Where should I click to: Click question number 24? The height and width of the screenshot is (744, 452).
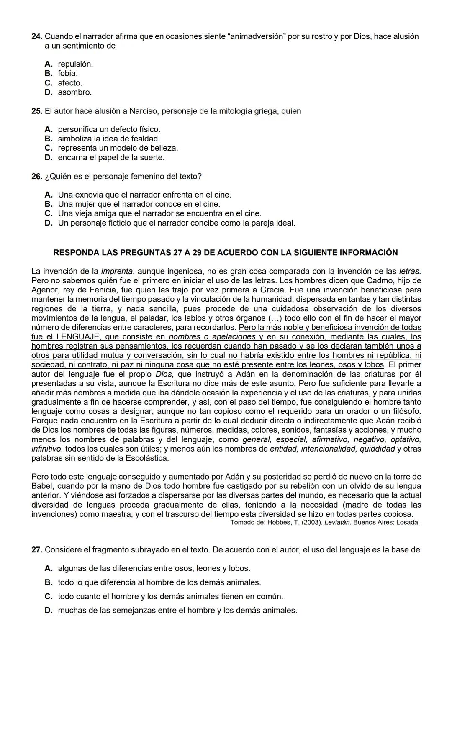[x=37, y=36]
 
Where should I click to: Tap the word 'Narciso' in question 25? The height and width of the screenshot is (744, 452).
[x=144, y=111]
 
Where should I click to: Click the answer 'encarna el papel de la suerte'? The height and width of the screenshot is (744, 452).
[x=111, y=158]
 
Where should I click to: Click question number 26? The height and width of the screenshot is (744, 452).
[x=37, y=177]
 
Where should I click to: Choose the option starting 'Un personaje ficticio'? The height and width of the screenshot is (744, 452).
[x=176, y=223]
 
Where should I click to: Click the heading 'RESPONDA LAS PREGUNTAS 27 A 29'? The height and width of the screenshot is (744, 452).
[x=226, y=253]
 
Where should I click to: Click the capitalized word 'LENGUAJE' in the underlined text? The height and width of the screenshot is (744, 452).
[x=78, y=337]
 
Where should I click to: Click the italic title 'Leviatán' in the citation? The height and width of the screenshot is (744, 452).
[x=338, y=523]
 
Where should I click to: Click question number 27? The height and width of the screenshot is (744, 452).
[x=37, y=550]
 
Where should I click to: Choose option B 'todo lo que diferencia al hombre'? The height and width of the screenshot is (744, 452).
[x=159, y=582]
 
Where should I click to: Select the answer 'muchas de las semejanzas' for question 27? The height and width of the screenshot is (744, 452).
[x=177, y=611]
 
